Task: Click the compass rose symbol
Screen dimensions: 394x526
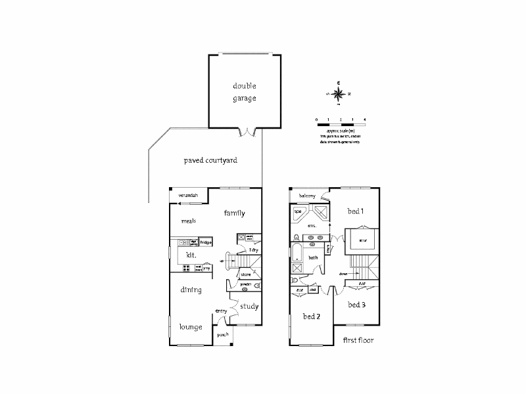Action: [x=339, y=92]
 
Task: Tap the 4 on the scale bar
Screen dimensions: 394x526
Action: [x=364, y=120]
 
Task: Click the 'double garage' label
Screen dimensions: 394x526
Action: [x=243, y=92]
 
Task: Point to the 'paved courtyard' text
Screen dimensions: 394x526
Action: [x=210, y=160]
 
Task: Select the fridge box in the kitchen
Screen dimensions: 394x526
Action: [x=205, y=242]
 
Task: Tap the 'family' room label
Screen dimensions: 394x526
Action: [x=234, y=213]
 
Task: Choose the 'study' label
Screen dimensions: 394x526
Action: [x=249, y=306]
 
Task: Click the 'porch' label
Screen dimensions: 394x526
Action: [x=223, y=335]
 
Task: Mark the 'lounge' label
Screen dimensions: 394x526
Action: [x=191, y=326]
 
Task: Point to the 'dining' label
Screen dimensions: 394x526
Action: [x=191, y=290]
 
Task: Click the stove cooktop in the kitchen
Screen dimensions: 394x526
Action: [x=187, y=267]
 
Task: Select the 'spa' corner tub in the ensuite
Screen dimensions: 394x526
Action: [x=298, y=212]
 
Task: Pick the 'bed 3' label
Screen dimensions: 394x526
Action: [x=356, y=305]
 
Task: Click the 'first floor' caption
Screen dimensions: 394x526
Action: [x=358, y=340]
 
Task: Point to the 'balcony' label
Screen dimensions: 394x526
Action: [x=308, y=196]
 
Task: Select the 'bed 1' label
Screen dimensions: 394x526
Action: [x=356, y=211]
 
